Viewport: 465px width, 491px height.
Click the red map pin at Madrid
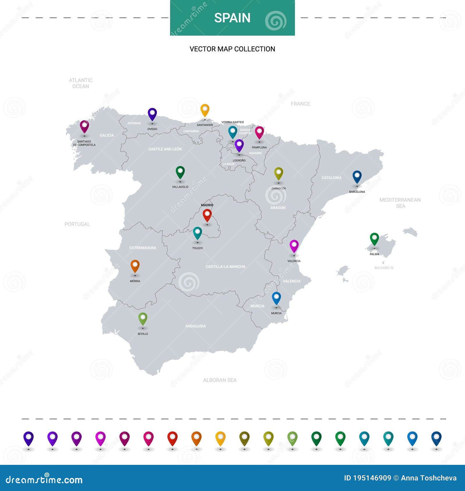click(x=207, y=215)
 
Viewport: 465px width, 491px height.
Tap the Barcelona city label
click(x=357, y=192)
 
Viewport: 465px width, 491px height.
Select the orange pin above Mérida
click(x=135, y=266)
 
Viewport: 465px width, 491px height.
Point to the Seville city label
click(x=143, y=334)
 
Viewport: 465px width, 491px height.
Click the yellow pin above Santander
click(x=205, y=110)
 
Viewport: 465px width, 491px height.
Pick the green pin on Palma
click(x=374, y=239)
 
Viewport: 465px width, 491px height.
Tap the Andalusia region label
click(x=196, y=326)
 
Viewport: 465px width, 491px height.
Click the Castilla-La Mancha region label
click(x=226, y=266)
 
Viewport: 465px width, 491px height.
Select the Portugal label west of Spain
click(x=77, y=224)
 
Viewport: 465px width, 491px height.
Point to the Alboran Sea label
click(x=220, y=380)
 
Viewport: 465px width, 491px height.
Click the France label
click(x=300, y=104)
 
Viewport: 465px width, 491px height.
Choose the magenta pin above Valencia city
click(x=294, y=246)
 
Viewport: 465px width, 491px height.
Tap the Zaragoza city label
click(x=278, y=188)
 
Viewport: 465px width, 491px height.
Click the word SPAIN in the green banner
click(x=232, y=18)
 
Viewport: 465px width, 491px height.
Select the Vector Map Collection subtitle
click(x=232, y=49)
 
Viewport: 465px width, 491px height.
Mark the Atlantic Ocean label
click(x=81, y=83)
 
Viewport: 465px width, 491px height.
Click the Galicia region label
click(x=107, y=135)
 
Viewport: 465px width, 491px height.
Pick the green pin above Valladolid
click(x=180, y=172)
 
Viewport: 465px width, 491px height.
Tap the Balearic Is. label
click(x=384, y=268)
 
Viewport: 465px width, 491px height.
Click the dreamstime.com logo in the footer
click(x=44, y=480)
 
